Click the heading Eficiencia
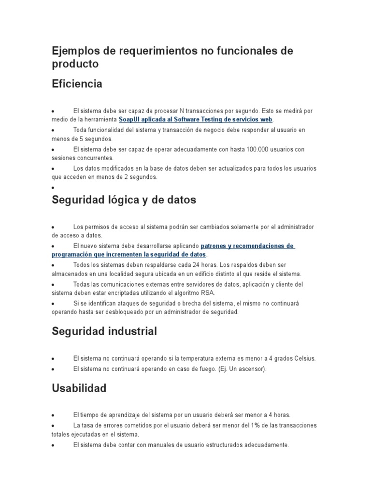click(77, 84)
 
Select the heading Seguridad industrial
click(104, 331)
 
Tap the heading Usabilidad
click(79, 388)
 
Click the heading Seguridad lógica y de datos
click(124, 200)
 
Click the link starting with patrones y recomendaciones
click(247, 246)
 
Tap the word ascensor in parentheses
click(249, 369)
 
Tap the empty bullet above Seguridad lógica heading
click(53, 187)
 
